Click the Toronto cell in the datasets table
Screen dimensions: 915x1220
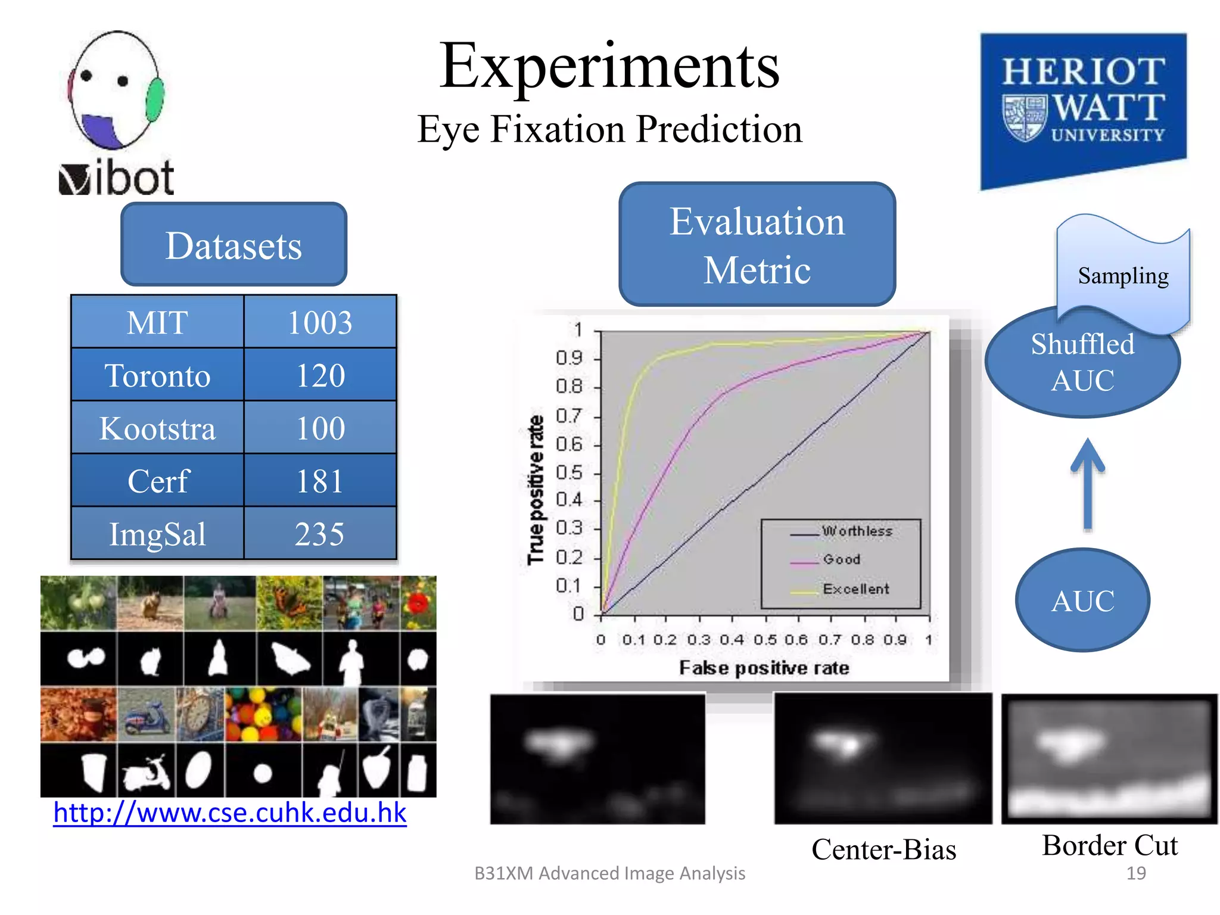pos(157,375)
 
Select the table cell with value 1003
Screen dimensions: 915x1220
pos(320,322)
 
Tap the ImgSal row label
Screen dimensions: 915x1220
pos(157,534)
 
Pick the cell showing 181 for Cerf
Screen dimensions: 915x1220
pos(320,481)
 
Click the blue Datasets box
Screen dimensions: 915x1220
pos(234,245)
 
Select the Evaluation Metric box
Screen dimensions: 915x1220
pos(757,245)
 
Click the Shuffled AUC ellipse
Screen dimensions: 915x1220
pos(1082,362)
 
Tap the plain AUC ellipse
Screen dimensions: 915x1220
pos(1082,600)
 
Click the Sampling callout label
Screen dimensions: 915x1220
pos(1123,276)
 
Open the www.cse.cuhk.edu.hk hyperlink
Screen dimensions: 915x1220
pos(230,813)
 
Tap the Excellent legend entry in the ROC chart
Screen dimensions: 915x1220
pos(855,589)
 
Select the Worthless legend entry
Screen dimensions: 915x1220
pos(857,531)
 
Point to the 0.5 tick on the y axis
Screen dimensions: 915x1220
pos(569,473)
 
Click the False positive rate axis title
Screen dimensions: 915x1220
pos(764,668)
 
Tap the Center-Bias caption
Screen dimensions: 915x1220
pos(883,849)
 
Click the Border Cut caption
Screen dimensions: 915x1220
pos(1110,845)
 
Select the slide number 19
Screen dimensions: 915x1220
pos(1135,873)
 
